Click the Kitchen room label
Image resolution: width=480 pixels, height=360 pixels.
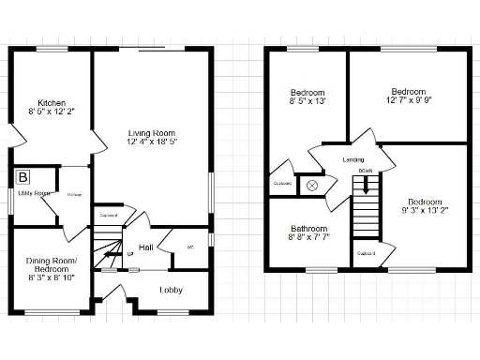pyautogui.click(x=51, y=103)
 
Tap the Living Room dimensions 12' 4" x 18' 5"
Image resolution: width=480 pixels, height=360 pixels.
pyautogui.click(x=153, y=142)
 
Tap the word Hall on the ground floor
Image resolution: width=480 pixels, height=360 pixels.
pyautogui.click(x=147, y=247)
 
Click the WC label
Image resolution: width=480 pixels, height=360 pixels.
pyautogui.click(x=190, y=247)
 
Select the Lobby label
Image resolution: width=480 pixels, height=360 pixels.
pyautogui.click(x=171, y=290)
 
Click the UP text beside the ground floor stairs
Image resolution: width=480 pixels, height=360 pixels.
pyautogui.click(x=130, y=254)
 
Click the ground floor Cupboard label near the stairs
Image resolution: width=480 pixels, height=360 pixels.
pyautogui.click(x=109, y=215)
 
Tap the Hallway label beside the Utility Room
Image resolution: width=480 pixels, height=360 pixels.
pyautogui.click(x=74, y=195)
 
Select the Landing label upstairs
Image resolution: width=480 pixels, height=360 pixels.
pyautogui.click(x=353, y=160)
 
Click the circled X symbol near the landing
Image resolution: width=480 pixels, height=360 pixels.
pyautogui.click(x=312, y=185)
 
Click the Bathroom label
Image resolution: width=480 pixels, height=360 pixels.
pyautogui.click(x=308, y=230)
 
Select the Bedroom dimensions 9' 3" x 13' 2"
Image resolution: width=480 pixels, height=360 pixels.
pyautogui.click(x=425, y=210)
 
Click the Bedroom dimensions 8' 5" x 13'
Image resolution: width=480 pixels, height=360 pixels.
pyautogui.click(x=307, y=101)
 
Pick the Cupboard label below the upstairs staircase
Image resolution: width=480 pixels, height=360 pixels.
pyautogui.click(x=367, y=252)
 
